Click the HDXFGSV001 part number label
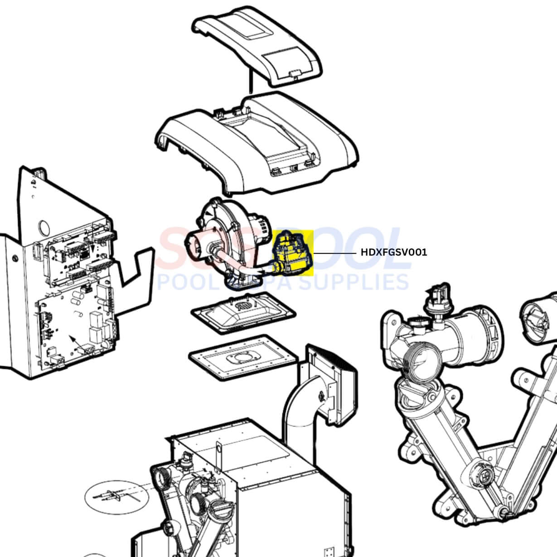point(393,252)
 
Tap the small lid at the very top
point(257,48)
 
